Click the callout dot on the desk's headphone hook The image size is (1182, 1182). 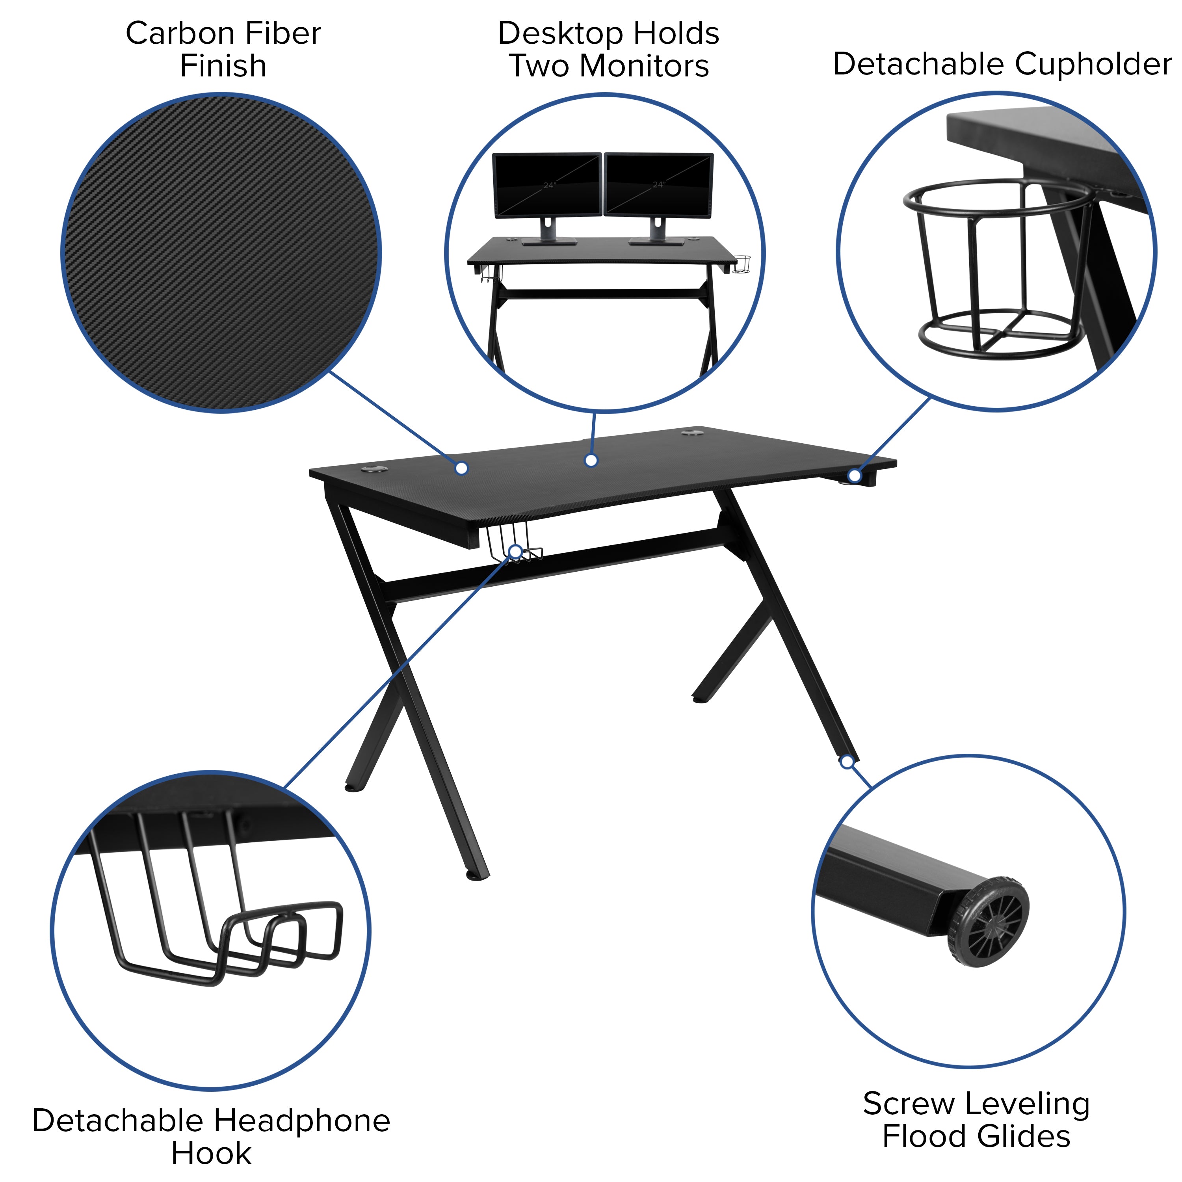(x=516, y=552)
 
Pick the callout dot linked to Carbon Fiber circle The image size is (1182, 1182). (x=462, y=468)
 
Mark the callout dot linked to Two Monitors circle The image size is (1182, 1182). (x=591, y=461)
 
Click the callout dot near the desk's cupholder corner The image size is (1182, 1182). (x=855, y=476)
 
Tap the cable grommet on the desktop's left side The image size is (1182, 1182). (x=373, y=470)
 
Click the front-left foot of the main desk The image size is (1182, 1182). (x=477, y=876)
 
